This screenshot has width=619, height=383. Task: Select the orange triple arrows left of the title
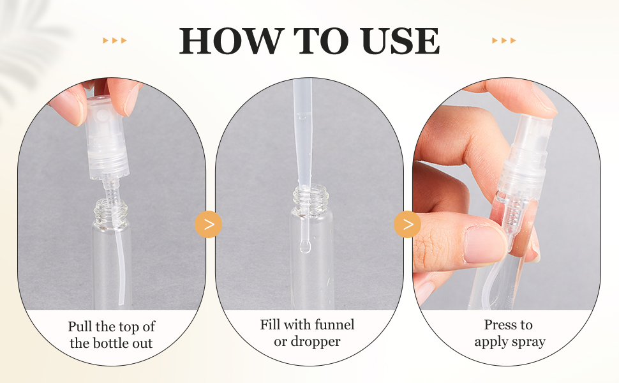(115, 41)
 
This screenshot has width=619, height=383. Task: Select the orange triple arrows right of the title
(503, 41)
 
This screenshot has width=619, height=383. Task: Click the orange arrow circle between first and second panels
(208, 225)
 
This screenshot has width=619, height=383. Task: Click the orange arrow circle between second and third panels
(408, 225)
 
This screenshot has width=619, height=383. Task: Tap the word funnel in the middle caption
(333, 325)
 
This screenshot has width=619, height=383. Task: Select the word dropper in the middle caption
(317, 342)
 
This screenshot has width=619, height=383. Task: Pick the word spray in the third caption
(529, 342)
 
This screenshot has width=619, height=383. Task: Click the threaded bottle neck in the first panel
(112, 211)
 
